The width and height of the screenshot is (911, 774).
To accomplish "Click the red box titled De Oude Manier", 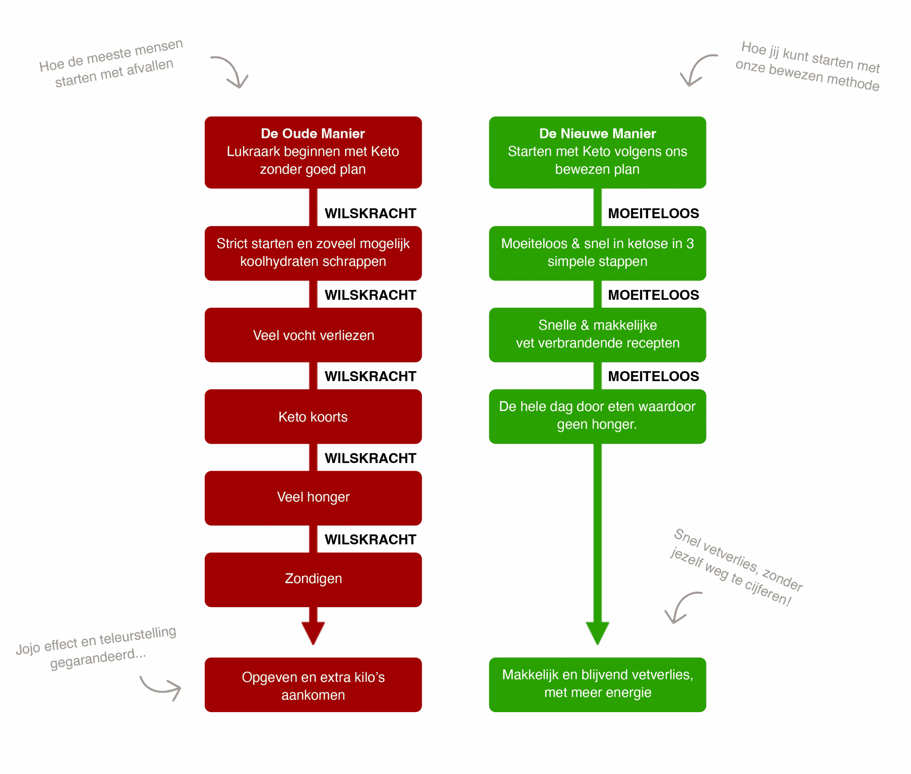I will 313,152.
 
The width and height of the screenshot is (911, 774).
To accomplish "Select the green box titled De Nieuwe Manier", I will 597,152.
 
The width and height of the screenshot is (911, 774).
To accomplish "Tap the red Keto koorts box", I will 313,416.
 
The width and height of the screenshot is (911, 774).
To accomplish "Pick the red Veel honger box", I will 313,497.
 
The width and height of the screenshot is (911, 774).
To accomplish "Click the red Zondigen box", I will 313,579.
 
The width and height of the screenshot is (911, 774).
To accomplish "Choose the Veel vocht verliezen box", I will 313,335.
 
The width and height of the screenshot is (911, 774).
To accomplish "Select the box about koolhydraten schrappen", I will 313,253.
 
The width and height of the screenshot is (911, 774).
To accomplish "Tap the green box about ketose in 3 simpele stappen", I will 597,253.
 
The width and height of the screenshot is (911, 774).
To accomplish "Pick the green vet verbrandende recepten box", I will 597,335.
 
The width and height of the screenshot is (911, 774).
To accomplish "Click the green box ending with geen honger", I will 597,416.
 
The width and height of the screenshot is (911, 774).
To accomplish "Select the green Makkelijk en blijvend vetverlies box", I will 597,684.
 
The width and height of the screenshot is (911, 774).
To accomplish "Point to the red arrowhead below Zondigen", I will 313,632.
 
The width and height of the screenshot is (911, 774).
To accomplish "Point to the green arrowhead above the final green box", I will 597,632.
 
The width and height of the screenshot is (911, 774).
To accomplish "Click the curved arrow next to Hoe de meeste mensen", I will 231,72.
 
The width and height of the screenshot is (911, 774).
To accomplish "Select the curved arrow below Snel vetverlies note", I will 681,607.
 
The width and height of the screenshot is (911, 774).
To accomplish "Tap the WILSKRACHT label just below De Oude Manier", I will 370,213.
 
